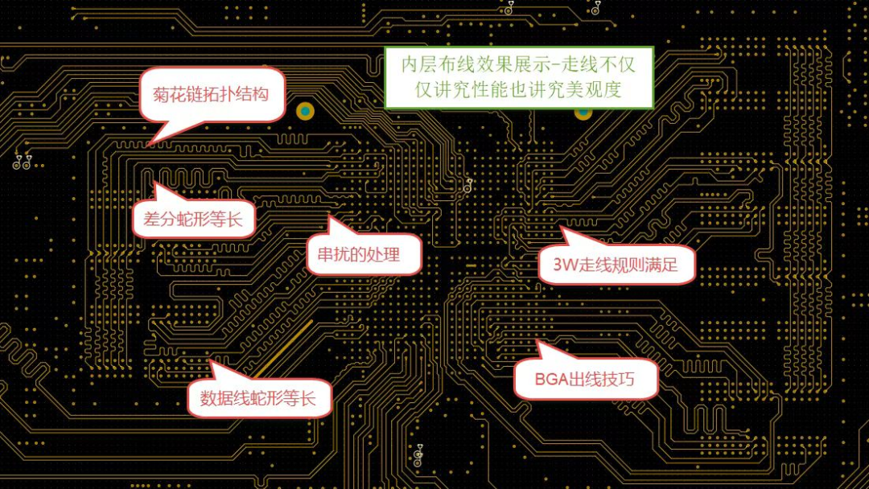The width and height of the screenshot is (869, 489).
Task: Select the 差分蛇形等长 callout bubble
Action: point(193,218)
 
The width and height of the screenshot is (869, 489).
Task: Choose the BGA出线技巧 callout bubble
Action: point(586,378)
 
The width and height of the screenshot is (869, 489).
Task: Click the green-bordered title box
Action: point(519,77)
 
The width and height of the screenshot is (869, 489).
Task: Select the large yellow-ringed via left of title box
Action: point(305,111)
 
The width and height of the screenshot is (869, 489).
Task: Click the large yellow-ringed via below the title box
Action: point(583,112)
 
